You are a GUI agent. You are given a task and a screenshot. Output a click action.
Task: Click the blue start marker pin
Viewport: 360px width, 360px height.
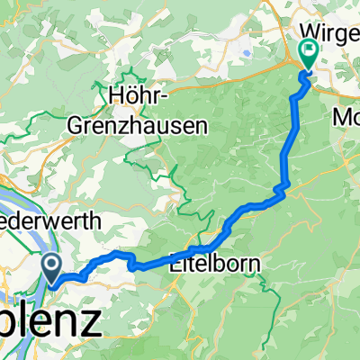[x=51, y=266]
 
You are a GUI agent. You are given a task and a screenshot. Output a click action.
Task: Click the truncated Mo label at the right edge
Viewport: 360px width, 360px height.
[x=346, y=118]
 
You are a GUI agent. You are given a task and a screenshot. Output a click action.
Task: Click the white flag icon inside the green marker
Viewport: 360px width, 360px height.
[x=309, y=51]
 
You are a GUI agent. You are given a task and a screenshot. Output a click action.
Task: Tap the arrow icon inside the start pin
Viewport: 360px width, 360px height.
[x=51, y=265]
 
